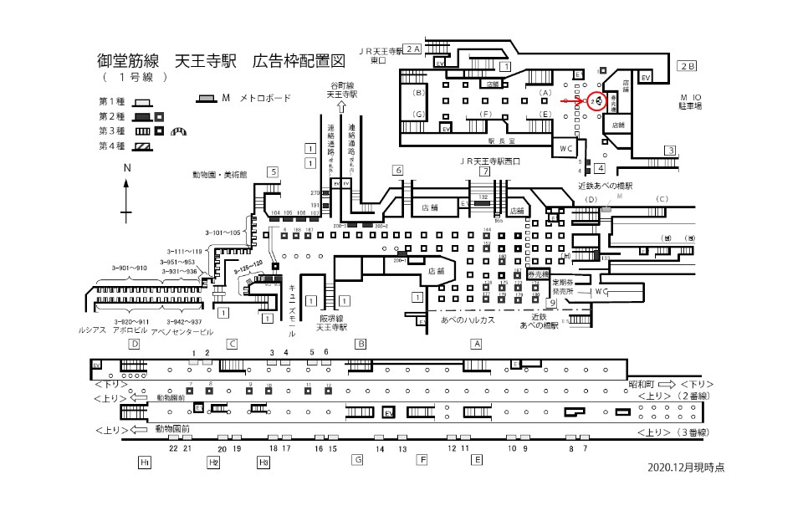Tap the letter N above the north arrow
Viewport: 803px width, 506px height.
[x=127, y=167]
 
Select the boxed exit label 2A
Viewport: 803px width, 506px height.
[x=412, y=49]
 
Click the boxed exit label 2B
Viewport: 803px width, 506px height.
[x=687, y=65]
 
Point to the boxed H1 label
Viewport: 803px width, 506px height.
[x=145, y=461]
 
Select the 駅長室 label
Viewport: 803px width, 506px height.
[x=501, y=142]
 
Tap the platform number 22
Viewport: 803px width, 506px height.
[x=171, y=449]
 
